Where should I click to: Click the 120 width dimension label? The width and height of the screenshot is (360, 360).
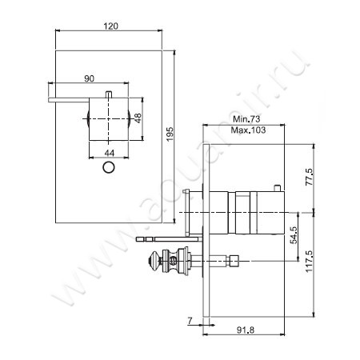(x=111, y=26)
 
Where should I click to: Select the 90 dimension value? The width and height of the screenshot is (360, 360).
(x=88, y=78)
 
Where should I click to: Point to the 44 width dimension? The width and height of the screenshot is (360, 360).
(x=109, y=152)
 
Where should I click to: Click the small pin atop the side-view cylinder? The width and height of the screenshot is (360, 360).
(x=276, y=188)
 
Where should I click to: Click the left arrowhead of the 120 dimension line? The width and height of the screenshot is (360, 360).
(x=57, y=32)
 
